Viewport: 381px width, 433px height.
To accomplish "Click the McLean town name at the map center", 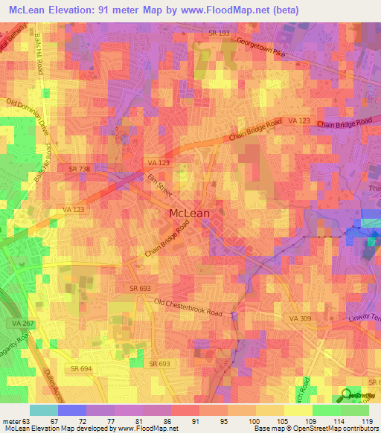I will [190, 213].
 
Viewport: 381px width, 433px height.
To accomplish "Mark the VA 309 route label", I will [299, 318].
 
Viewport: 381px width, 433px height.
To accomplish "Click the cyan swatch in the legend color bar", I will [43, 410].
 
